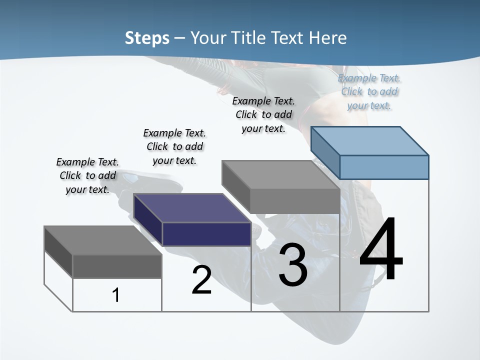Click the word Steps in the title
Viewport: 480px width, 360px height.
click(146, 38)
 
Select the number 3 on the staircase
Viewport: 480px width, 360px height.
click(293, 265)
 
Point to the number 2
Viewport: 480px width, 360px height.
click(201, 280)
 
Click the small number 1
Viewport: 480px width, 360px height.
click(115, 295)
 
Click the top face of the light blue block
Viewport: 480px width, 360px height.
click(370, 140)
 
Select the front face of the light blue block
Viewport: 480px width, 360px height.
click(384, 167)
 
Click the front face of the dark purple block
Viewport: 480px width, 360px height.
click(206, 234)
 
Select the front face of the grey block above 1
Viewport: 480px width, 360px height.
click(117, 266)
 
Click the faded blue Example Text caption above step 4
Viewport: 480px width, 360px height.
click(369, 92)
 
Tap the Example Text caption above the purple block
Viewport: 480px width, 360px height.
click(174, 146)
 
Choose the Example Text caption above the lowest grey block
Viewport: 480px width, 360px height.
click(87, 175)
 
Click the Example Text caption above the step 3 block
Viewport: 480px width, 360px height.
click(263, 114)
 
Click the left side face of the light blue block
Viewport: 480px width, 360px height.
click(325, 152)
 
